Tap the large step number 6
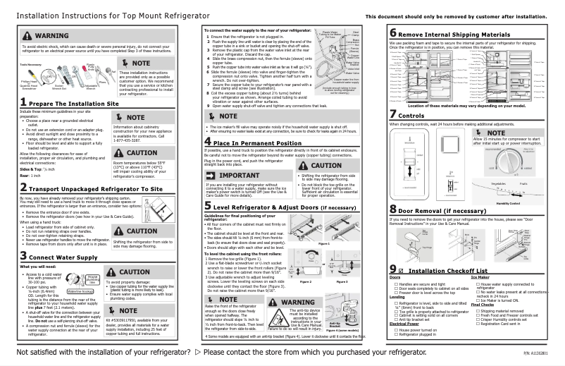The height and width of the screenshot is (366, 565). pos(393,34)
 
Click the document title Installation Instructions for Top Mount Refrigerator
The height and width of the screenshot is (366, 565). pos(99,15)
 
